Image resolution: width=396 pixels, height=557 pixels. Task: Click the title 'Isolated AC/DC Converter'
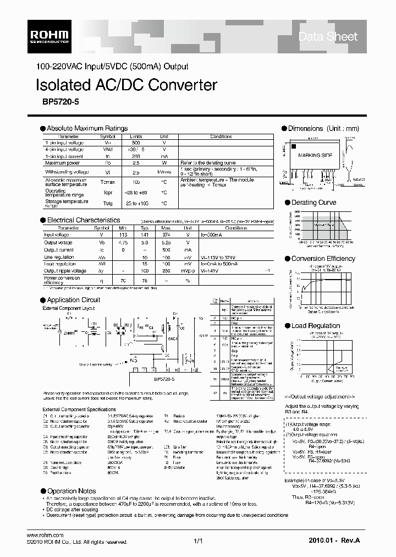coord(127,85)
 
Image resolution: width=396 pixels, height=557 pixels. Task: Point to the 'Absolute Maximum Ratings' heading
coord(87,128)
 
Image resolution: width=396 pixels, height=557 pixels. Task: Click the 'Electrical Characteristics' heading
coord(83,220)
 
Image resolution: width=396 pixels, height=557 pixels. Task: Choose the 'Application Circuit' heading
coord(74,300)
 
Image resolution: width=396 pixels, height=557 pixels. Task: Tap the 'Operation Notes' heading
coord(71,491)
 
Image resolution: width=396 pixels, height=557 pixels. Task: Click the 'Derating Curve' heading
coord(313,203)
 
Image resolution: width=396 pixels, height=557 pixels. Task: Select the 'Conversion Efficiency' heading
coord(323,258)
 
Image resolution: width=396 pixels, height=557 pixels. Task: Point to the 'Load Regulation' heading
coord(316,326)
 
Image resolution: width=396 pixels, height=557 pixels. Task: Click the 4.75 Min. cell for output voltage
coord(123,241)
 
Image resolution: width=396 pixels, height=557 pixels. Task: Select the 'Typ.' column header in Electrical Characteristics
coord(145,227)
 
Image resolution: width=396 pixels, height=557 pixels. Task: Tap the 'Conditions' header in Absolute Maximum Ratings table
coord(221,136)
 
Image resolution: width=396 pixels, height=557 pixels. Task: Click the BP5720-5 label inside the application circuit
coord(148,379)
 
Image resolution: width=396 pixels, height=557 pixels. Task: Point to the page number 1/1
coord(199,542)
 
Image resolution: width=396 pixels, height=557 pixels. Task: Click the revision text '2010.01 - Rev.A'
coord(327,542)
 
